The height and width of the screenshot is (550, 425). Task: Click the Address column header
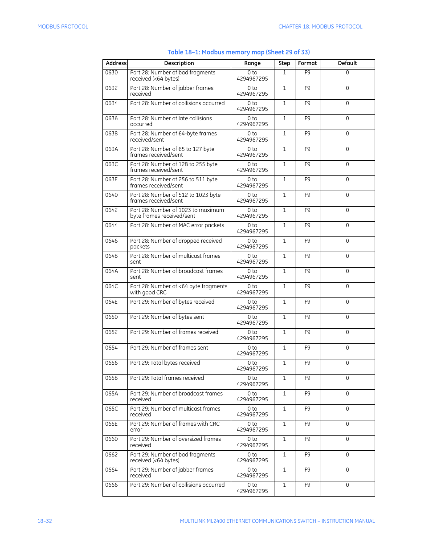[x=116, y=63]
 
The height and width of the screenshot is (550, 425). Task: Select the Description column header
[x=179, y=63]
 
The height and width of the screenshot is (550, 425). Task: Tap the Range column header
[x=252, y=63]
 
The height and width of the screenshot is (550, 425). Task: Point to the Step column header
[x=284, y=63]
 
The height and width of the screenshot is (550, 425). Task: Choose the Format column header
[x=307, y=63]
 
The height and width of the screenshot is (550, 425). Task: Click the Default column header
[x=347, y=63]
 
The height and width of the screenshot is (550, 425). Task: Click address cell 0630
[x=111, y=73]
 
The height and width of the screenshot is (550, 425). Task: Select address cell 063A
[x=111, y=149]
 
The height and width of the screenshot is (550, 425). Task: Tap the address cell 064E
[x=111, y=302]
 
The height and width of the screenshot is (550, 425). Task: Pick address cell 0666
[x=111, y=485]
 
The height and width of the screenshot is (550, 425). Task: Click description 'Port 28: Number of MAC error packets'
[x=177, y=225]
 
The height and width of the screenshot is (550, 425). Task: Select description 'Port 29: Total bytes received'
[x=165, y=363]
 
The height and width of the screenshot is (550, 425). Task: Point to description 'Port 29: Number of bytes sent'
[x=167, y=317]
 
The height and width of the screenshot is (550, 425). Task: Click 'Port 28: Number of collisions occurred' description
[x=177, y=103]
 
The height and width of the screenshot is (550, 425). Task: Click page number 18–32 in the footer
[x=45, y=521]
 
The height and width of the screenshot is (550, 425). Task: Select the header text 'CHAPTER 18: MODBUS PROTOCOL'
[x=320, y=27]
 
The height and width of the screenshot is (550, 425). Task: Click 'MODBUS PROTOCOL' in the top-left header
[x=63, y=27]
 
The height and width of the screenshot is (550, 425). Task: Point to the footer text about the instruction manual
[x=277, y=521]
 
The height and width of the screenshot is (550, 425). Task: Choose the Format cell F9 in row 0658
[x=307, y=378]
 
